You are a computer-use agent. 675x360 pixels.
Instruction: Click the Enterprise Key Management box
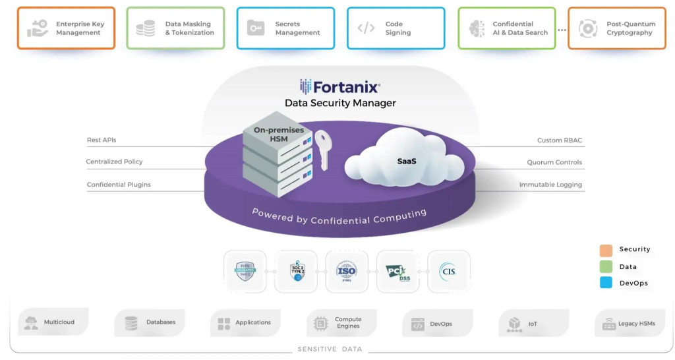[x=66, y=28]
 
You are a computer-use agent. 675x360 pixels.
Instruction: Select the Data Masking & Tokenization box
[x=175, y=28]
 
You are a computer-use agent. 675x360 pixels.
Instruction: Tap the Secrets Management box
[x=285, y=28]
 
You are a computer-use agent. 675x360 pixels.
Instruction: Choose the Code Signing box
[x=396, y=28]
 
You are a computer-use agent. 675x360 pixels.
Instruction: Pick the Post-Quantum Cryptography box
[x=616, y=28]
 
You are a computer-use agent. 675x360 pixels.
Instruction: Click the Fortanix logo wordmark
[x=340, y=87]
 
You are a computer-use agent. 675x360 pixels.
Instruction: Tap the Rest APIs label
[x=102, y=140]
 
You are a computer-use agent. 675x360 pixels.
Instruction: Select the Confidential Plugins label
[x=119, y=185]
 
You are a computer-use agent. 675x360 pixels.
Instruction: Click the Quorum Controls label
[x=554, y=162]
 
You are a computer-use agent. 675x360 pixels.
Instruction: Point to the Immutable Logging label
[x=550, y=185]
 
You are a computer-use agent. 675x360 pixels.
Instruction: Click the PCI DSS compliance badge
[x=397, y=271]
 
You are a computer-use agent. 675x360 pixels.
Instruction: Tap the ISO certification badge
[x=347, y=271]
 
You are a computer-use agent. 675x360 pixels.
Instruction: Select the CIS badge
[x=448, y=271]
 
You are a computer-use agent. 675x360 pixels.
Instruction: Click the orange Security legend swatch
[x=606, y=250]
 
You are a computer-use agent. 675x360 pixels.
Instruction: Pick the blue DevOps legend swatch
[x=606, y=283]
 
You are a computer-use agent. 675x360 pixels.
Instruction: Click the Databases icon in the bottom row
[x=131, y=323]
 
